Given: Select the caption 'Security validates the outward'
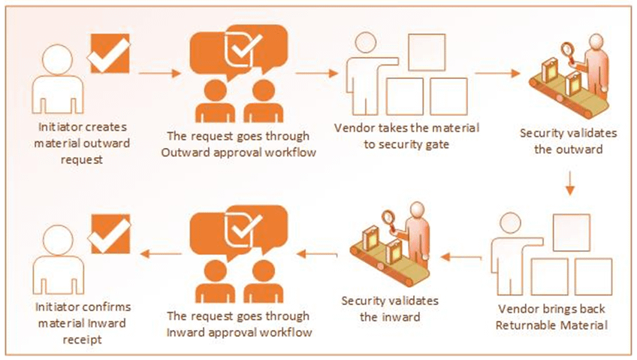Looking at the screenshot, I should point(568,140).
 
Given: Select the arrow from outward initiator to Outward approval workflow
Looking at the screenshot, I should point(161,74).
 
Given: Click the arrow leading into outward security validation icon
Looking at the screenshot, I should point(497,74).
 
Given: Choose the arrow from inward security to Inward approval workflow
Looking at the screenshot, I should point(318,255).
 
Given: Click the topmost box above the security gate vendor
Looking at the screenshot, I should point(425,51).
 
